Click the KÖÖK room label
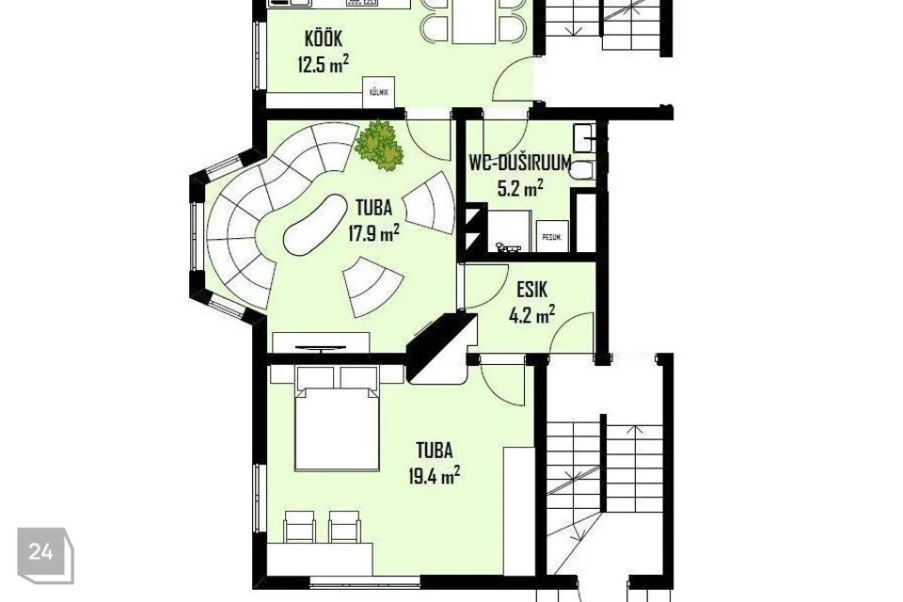(323, 39)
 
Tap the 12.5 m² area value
(323, 64)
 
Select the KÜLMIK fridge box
(378, 92)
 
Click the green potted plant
(379, 145)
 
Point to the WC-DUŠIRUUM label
(520, 163)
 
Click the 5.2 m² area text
(520, 188)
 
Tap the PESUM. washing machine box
(552, 236)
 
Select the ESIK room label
(531, 289)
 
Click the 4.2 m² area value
(531, 315)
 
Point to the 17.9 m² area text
(373, 232)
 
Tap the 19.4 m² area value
(434, 476)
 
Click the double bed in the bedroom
(338, 429)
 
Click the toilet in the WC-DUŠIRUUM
(583, 171)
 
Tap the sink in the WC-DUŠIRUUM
(586, 137)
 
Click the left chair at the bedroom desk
(299, 526)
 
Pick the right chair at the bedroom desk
(344, 526)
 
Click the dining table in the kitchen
(474, 22)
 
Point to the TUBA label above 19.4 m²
(435, 450)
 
